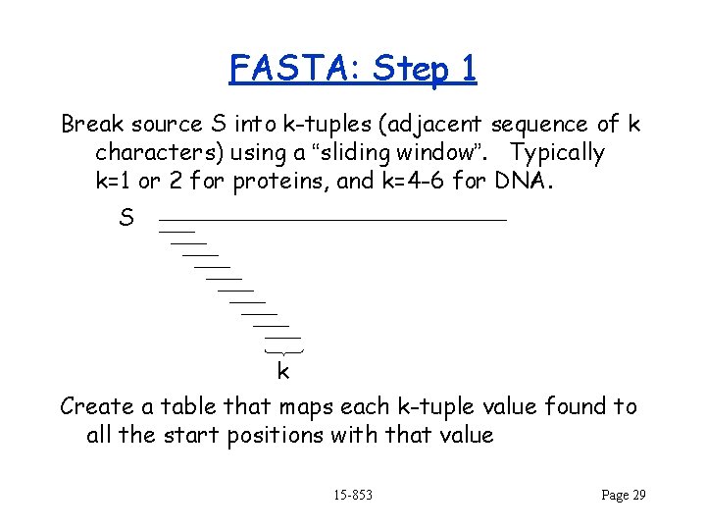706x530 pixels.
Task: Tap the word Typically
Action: click(x=558, y=153)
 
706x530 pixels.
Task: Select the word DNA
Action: click(x=529, y=182)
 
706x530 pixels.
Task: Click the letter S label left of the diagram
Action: click(x=126, y=218)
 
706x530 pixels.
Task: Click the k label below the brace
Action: click(x=282, y=371)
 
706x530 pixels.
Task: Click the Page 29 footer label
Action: click(x=623, y=495)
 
